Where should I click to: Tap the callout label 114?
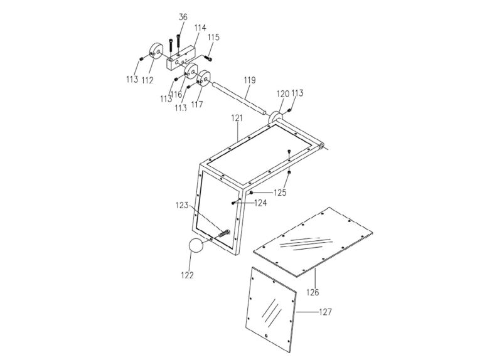[x=200, y=28]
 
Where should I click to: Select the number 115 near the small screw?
[x=214, y=38]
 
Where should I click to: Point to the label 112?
[x=148, y=80]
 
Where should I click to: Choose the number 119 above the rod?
[x=249, y=81]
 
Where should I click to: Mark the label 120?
[x=283, y=93]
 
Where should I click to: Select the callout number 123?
[x=182, y=205]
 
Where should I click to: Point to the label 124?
[x=260, y=203]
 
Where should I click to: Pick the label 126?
[x=313, y=292]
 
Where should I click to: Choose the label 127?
[x=325, y=312]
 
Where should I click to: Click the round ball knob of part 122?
[x=198, y=246]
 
